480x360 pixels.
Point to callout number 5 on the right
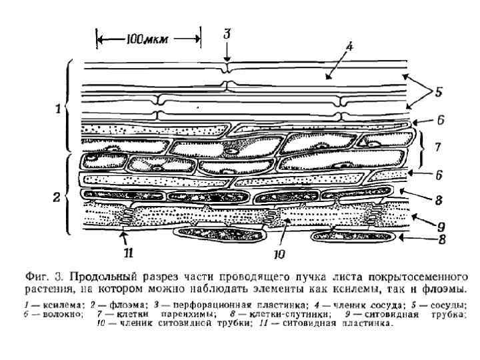(439, 93)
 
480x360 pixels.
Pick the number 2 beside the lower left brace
(58, 197)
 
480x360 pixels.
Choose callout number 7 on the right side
(436, 146)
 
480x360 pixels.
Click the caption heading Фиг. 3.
(45, 276)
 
